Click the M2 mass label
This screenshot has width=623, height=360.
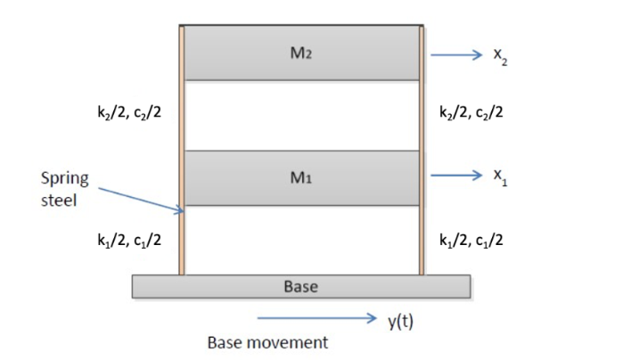click(x=300, y=53)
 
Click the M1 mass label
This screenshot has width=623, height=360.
click(x=300, y=177)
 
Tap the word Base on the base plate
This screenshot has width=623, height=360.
click(x=300, y=287)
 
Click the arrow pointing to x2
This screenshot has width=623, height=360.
click(x=455, y=54)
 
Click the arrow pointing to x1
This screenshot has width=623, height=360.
click(x=455, y=176)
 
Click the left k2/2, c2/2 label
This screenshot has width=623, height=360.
click(x=124, y=113)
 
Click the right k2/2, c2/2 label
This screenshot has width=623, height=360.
click(x=472, y=113)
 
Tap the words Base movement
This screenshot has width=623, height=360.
click(x=267, y=342)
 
